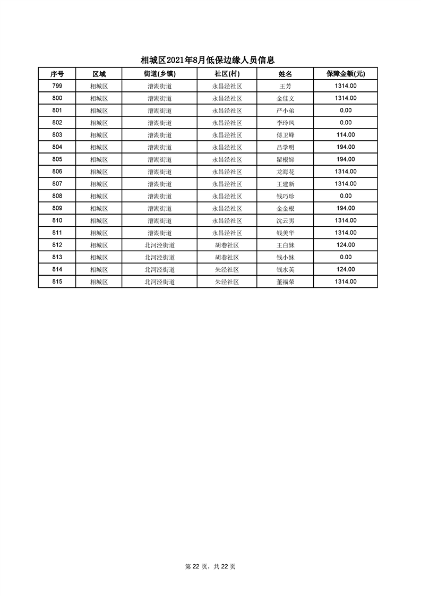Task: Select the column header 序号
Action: pyautogui.click(x=57, y=74)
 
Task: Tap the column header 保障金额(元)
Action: pyautogui.click(x=346, y=74)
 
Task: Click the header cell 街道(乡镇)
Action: pyautogui.click(x=159, y=74)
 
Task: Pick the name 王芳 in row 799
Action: pyautogui.click(x=285, y=86)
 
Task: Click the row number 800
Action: pyautogui.click(x=57, y=98)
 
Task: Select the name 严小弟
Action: pyautogui.click(x=285, y=110)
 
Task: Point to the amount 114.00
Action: pyautogui.click(x=346, y=135)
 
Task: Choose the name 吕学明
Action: pyautogui.click(x=285, y=147)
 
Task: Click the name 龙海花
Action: pyautogui.click(x=285, y=172)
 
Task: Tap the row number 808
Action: pyautogui.click(x=57, y=196)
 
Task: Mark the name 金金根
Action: pyautogui.click(x=285, y=208)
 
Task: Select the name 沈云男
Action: pyautogui.click(x=285, y=220)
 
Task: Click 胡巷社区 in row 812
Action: pyautogui.click(x=227, y=245)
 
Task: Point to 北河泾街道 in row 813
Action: pyautogui.click(x=159, y=257)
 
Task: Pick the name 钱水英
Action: pyautogui.click(x=285, y=269)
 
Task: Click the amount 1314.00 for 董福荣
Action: pyautogui.click(x=346, y=282)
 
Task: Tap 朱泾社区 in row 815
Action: pyautogui.click(x=227, y=282)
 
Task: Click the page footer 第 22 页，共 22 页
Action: pyautogui.click(x=210, y=567)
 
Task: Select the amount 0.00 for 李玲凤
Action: pyautogui.click(x=346, y=123)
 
